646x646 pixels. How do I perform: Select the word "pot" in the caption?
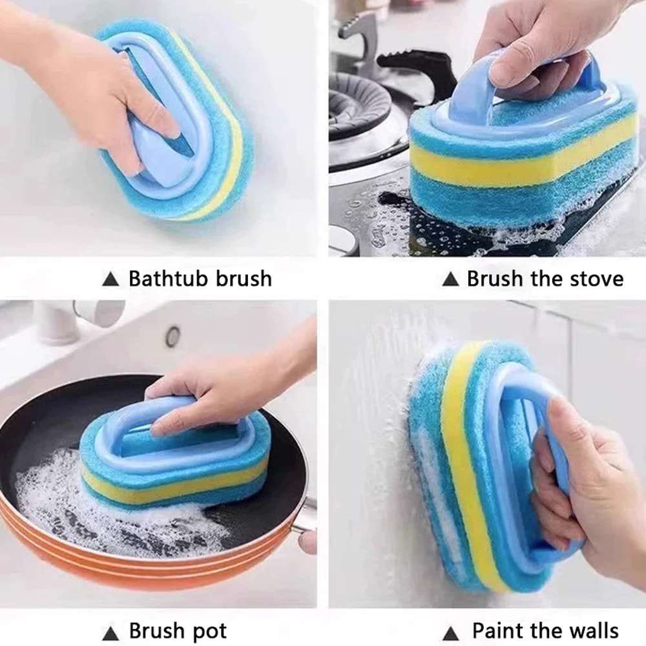coord(205,630)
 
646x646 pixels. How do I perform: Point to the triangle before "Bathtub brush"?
coord(111,280)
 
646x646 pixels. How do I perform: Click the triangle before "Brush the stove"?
coord(450,280)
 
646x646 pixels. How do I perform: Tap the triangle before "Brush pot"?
coord(111,631)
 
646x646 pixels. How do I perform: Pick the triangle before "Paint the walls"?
coord(451,631)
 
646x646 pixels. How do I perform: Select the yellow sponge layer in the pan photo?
coord(174,486)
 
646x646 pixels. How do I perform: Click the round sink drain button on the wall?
coord(172,336)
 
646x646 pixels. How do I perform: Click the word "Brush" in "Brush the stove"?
coord(494,279)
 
